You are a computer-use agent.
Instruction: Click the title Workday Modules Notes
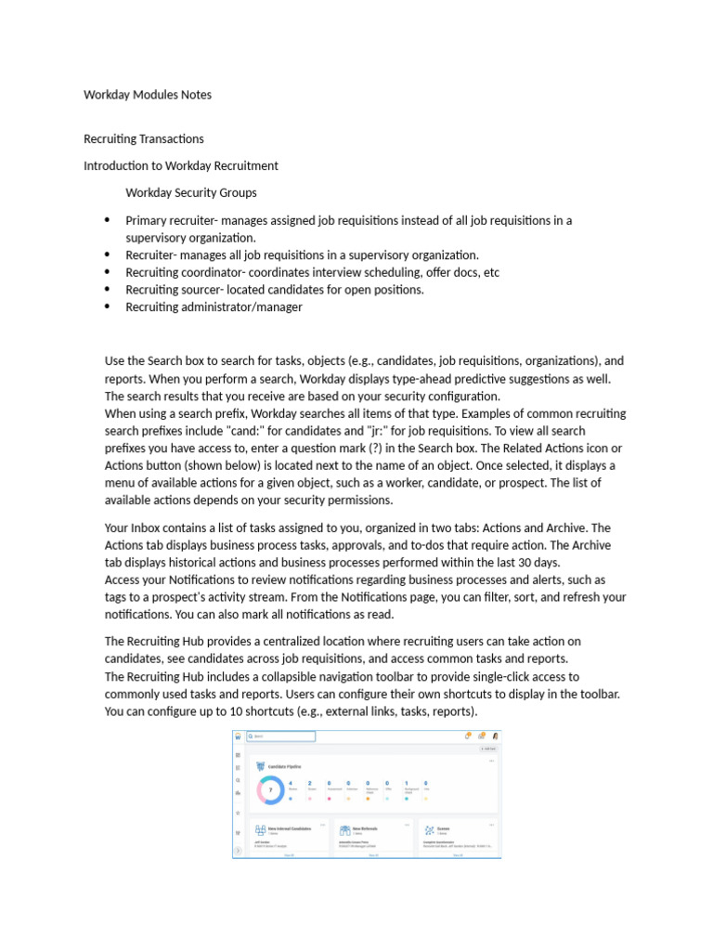pyautogui.click(x=148, y=94)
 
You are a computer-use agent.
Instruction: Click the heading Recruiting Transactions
pyautogui.click(x=144, y=138)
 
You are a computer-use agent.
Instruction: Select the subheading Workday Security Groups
pyautogui.click(x=191, y=193)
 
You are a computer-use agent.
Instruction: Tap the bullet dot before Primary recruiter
pyautogui.click(x=107, y=220)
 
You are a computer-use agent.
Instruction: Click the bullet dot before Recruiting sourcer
pyautogui.click(x=107, y=289)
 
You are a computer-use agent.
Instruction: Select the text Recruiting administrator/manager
pyautogui.click(x=214, y=306)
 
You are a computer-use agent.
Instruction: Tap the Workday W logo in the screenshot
pyautogui.click(x=239, y=736)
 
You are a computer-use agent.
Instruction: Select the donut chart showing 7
pyautogui.click(x=271, y=790)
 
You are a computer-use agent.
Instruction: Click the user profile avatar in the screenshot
pyautogui.click(x=495, y=736)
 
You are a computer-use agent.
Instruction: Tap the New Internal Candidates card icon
pyautogui.click(x=260, y=829)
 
